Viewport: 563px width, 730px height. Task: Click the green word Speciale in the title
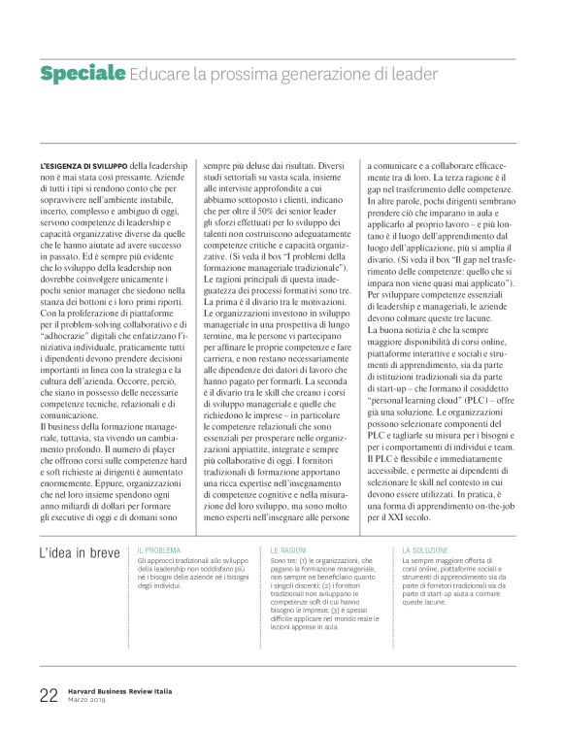click(83, 74)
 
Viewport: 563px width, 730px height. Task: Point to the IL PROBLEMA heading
click(160, 549)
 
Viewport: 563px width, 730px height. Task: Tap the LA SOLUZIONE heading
click(425, 549)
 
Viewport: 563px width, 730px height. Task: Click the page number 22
click(49, 695)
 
